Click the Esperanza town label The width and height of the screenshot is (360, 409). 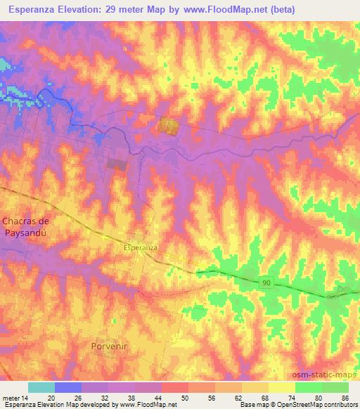(140, 248)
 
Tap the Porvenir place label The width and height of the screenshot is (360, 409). (111, 346)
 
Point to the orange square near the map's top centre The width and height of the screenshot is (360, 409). (168, 126)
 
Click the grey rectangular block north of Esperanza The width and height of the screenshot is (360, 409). (117, 164)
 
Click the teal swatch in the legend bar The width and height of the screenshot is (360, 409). (41, 387)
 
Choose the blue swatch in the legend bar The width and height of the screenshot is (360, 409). (68, 387)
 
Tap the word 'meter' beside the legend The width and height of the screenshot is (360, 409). (11, 398)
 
